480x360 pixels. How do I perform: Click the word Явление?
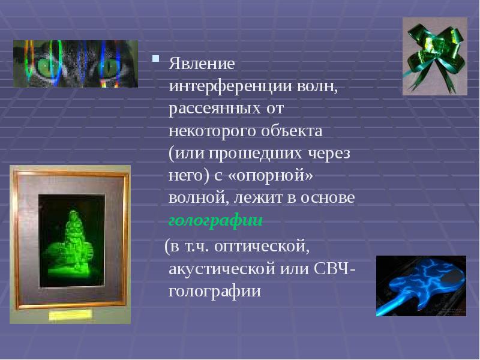[x=202, y=63]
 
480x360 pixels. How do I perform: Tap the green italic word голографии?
[x=215, y=221]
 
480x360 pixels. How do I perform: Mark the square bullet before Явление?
[x=156, y=59]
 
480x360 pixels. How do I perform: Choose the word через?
[x=329, y=153]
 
